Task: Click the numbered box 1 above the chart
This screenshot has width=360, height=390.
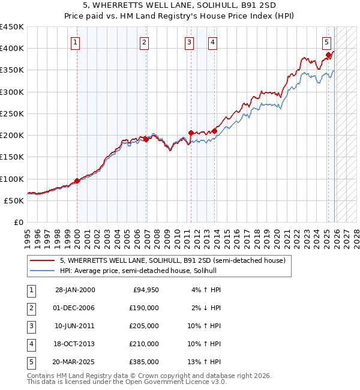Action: click(x=76, y=42)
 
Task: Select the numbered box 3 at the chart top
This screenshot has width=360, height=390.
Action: click(x=189, y=42)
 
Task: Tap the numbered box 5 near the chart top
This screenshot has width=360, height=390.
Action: click(x=326, y=42)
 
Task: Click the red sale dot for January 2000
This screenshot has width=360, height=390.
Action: click(x=77, y=181)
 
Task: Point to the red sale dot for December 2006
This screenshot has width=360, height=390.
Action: click(x=146, y=139)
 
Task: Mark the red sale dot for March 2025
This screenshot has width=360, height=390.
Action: click(x=328, y=55)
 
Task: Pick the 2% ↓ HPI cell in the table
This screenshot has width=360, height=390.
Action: click(x=206, y=308)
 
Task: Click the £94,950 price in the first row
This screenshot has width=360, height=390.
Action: click(x=145, y=290)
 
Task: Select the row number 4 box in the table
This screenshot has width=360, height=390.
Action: click(x=31, y=344)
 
